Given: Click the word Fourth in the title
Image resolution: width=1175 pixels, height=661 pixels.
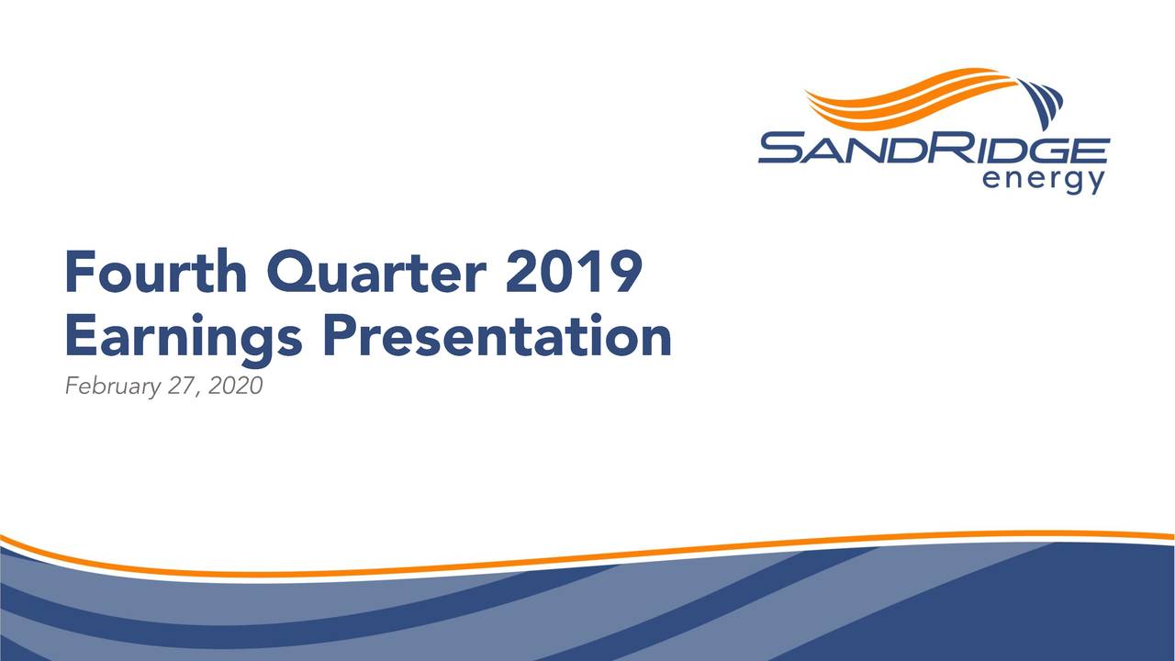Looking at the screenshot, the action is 156,271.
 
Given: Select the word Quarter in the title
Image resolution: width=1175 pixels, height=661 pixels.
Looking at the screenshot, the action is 376,273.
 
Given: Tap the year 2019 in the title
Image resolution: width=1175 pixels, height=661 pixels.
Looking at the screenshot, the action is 574,272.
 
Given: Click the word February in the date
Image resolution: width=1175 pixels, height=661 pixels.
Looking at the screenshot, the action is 113,387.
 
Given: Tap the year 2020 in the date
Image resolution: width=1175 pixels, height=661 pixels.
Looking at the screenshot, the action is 236,386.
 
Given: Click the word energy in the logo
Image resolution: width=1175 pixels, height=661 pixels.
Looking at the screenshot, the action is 1044,181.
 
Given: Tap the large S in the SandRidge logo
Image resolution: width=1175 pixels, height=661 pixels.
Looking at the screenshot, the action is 784,148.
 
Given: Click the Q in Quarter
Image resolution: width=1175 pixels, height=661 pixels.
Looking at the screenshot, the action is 292,273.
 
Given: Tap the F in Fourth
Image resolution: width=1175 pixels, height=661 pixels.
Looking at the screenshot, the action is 79,271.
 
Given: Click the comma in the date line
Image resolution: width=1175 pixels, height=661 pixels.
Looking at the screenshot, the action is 197,395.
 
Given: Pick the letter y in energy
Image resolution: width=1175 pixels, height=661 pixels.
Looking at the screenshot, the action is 1097,184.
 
